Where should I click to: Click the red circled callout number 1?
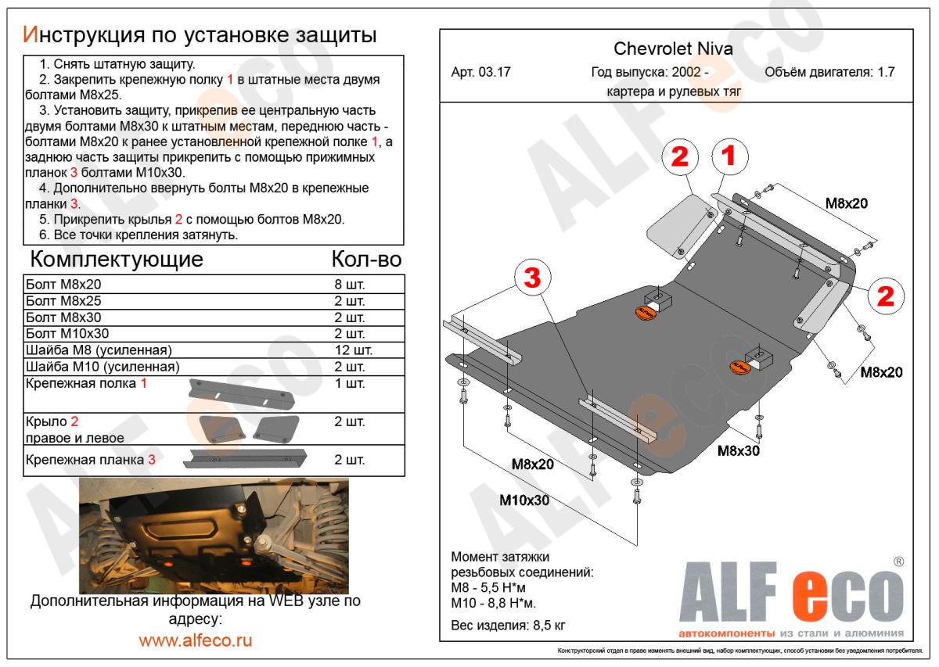728,157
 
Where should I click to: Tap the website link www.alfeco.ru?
196,640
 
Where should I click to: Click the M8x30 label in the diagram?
739,450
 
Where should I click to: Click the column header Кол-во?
366,259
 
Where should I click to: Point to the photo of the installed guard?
214,536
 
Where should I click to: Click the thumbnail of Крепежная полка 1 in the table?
240,394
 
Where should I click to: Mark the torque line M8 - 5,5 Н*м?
494,587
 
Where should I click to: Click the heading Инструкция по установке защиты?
200,34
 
